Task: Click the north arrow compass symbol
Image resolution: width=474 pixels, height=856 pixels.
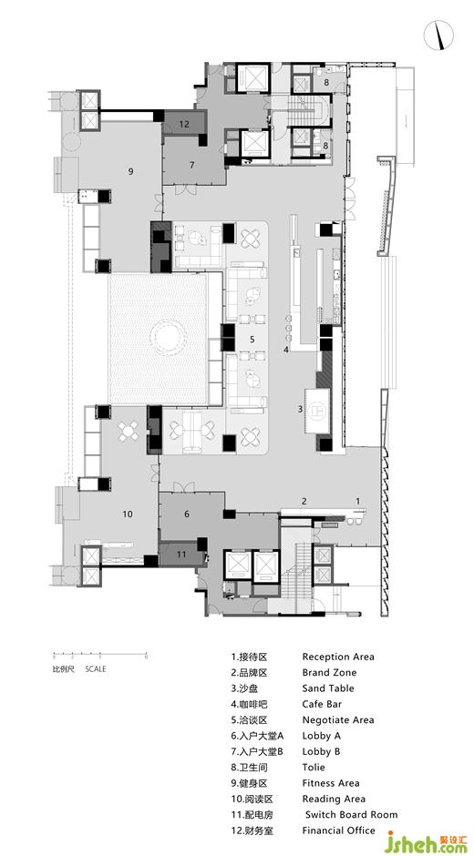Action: tap(438, 36)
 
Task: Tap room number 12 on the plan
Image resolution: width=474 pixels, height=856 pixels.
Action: tap(184, 125)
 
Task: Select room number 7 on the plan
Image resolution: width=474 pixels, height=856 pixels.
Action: tap(192, 164)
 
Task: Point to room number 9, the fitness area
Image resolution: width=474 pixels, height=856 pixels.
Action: tap(130, 171)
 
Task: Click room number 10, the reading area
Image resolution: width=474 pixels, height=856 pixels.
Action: tap(128, 514)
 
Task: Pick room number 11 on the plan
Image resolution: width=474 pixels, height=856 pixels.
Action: tap(181, 554)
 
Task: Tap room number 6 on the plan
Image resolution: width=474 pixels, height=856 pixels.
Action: tap(187, 514)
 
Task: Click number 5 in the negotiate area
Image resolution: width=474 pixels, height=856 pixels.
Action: tap(252, 339)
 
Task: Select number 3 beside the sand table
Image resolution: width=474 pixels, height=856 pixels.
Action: tap(300, 408)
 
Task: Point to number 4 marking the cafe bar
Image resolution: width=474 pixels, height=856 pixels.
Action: tap(285, 350)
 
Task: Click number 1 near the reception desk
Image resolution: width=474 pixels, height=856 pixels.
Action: tap(358, 500)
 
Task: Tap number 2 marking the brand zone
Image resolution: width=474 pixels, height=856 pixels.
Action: tap(304, 501)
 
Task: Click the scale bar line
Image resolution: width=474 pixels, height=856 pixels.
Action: tap(100, 655)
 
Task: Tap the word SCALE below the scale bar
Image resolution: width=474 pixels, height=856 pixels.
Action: tap(96, 668)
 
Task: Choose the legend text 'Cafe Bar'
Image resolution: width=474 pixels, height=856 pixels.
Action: tap(322, 704)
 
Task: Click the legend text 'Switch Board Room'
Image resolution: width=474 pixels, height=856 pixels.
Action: tap(352, 814)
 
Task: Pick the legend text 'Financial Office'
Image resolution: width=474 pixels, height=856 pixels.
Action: tap(339, 831)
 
